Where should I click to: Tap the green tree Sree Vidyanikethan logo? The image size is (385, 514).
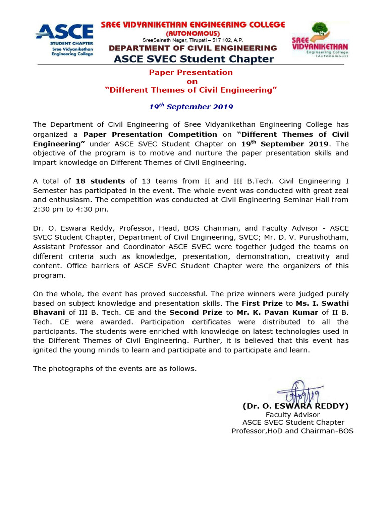point(320,40)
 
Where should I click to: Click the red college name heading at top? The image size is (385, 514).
point(193,25)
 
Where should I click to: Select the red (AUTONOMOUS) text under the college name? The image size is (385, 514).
point(193,33)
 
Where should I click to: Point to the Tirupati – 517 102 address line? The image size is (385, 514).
point(192,40)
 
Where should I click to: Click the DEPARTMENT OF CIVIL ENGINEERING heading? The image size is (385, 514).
point(193,48)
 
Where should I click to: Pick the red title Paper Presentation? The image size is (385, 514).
point(191,72)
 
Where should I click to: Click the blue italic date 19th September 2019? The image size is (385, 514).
point(191,107)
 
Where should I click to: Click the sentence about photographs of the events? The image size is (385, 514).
point(115,369)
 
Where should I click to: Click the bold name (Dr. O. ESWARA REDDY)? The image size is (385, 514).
point(295,406)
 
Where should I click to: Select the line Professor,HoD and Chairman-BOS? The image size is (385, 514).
point(292,431)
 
